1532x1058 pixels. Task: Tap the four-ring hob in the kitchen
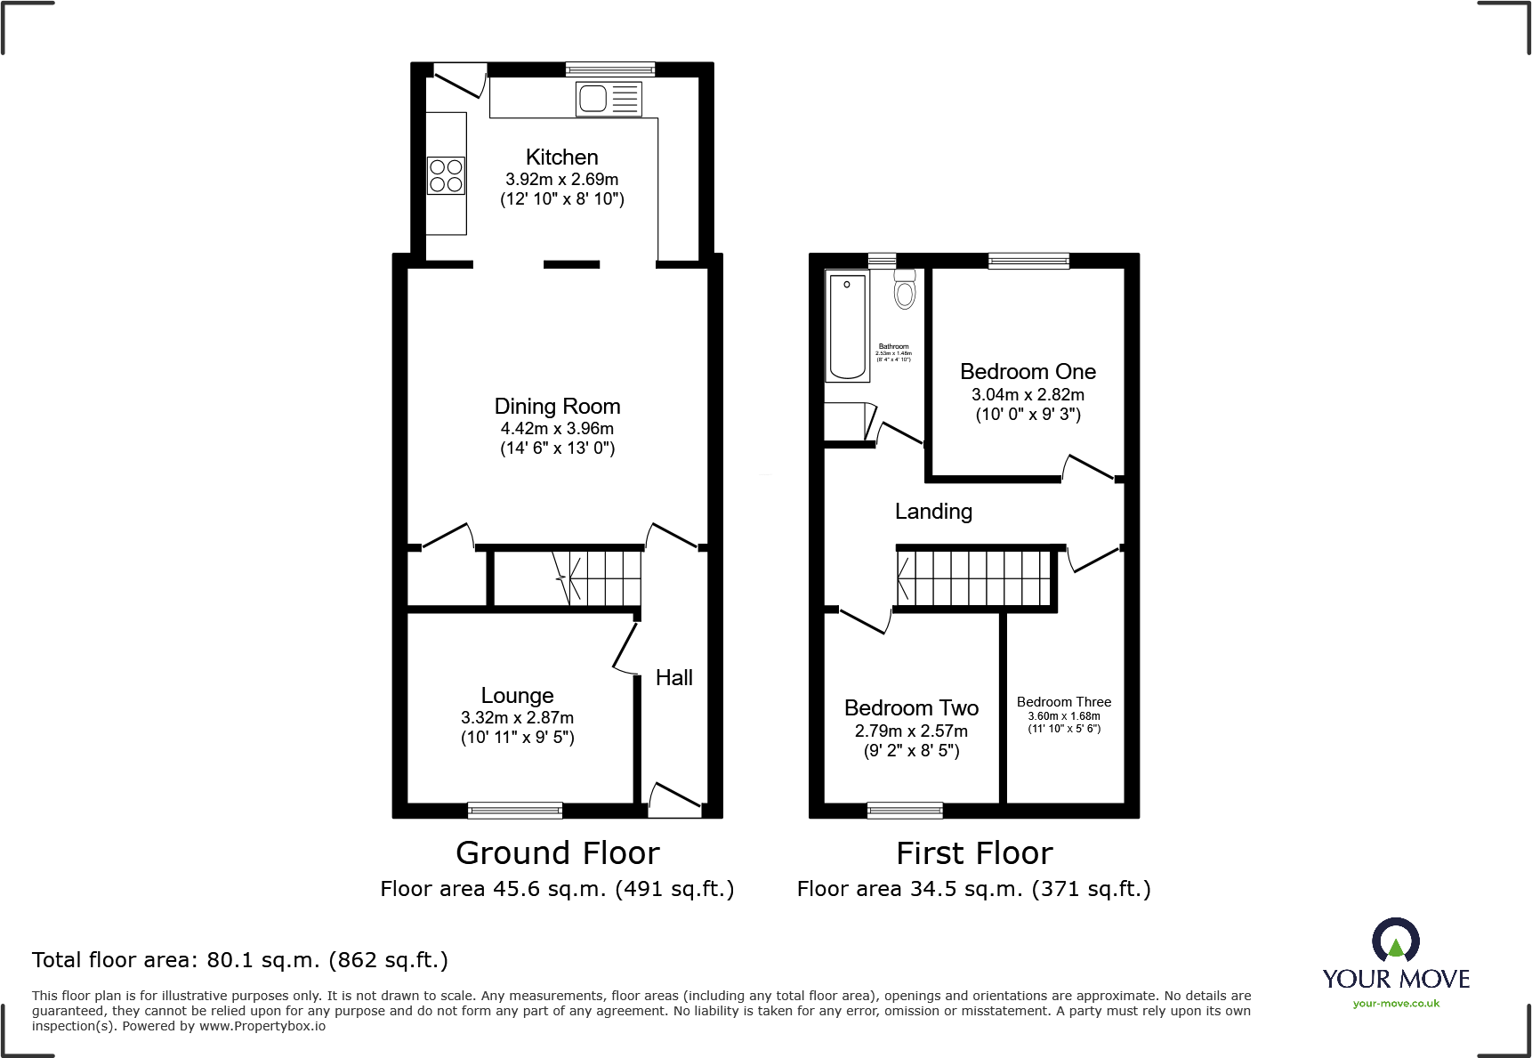click(446, 175)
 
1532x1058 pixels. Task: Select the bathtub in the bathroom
click(847, 327)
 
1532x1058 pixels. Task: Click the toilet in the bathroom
click(905, 289)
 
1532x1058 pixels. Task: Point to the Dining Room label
click(557, 407)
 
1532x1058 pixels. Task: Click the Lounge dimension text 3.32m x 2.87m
click(517, 717)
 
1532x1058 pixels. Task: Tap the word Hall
click(673, 678)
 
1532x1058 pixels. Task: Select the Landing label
click(933, 512)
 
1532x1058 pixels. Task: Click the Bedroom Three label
click(1063, 702)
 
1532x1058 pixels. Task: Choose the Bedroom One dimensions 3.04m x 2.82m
click(1028, 394)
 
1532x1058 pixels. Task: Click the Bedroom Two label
click(911, 708)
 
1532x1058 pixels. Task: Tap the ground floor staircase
click(596, 577)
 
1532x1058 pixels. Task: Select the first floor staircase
click(973, 577)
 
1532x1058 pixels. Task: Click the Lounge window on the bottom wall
click(515, 810)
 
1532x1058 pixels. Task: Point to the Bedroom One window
click(1028, 261)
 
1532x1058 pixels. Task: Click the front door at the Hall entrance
click(674, 800)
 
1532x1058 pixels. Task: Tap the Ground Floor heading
click(557, 853)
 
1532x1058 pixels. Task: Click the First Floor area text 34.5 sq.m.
click(973, 889)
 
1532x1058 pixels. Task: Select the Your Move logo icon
click(1395, 941)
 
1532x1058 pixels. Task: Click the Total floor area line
click(240, 960)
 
